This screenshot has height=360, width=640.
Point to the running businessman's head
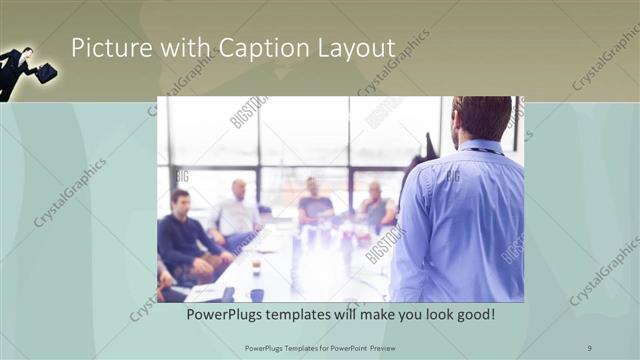27,52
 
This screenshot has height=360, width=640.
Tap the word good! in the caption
474,315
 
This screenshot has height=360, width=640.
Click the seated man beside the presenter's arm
376,207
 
